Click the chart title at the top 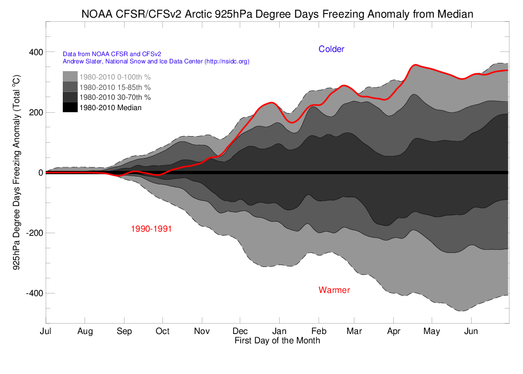coord(277,14)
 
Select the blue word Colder coord(331,49)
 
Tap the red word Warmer coord(334,290)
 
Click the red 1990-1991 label coord(152,229)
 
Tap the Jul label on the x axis coord(46,331)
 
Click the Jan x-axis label coord(279,331)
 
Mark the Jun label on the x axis coord(471,331)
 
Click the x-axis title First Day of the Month coord(277,341)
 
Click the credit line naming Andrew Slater coord(156,61)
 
